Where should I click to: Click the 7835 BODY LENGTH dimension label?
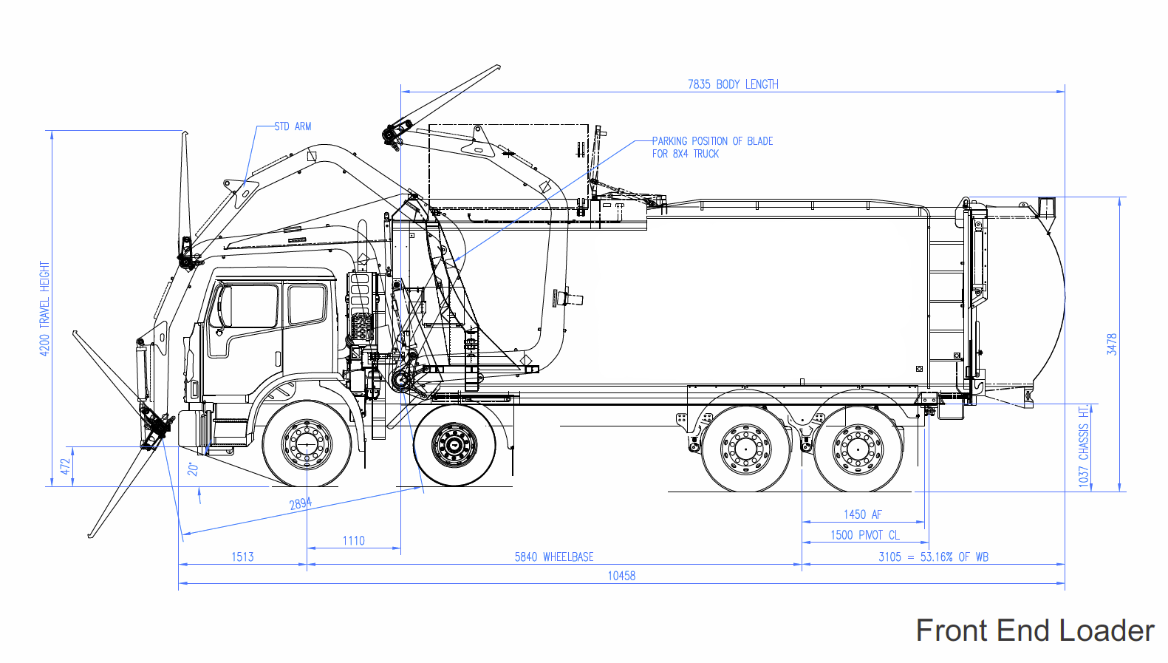tap(733, 84)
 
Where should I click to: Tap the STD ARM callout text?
tap(293, 126)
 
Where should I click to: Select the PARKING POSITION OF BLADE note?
tap(712, 147)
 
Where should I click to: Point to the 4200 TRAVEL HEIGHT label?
tap(44, 308)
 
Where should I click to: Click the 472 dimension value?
tap(65, 466)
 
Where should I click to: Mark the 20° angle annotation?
tap(193, 469)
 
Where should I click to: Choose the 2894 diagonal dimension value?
tap(301, 503)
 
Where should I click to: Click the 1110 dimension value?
tap(353, 541)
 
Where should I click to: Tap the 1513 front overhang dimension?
tap(242, 557)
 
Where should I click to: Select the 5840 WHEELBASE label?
tap(554, 557)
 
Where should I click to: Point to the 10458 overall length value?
tap(621, 576)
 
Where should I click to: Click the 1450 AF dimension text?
tap(863, 514)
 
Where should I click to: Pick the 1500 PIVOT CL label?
tap(864, 535)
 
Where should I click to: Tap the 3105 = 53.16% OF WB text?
tap(933, 557)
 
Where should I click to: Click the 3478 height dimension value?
tap(1112, 344)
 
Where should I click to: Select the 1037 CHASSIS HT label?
tap(1084, 446)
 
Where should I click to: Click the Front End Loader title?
tap(1034, 630)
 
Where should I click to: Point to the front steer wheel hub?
tap(307, 443)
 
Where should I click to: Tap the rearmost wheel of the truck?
tap(858, 449)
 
